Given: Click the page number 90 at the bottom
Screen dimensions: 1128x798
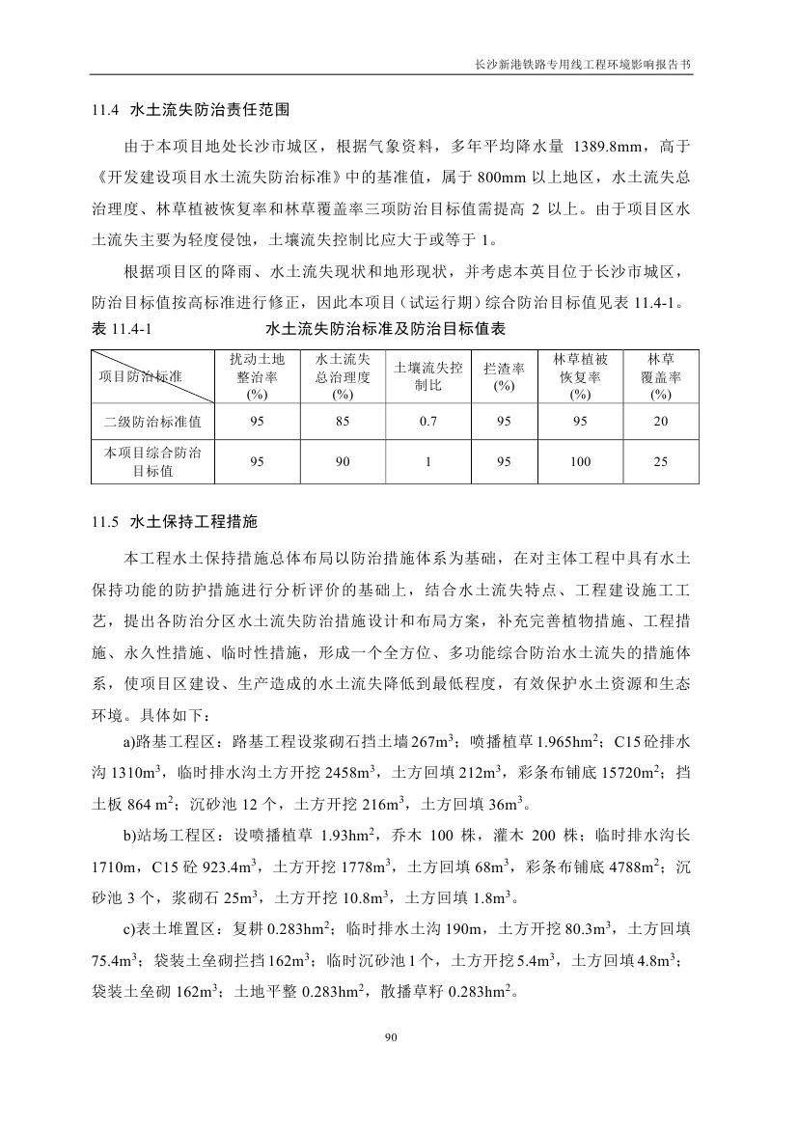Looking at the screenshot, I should pos(391,1037).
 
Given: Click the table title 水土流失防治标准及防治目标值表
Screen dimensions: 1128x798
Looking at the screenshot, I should pos(386,329).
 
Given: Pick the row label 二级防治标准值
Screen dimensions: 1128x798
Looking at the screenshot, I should pos(153,422).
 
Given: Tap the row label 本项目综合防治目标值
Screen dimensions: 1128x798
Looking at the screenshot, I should pos(153,462).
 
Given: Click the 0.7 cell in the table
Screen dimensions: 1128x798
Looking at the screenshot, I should pos(428,422).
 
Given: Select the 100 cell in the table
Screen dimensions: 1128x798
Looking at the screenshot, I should pos(580,462).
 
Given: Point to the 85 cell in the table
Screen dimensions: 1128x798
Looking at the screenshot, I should pos(343,422).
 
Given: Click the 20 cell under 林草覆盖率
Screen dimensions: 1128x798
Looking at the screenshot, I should pos(660,422).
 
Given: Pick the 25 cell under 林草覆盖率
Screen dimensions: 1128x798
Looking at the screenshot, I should pos(660,462).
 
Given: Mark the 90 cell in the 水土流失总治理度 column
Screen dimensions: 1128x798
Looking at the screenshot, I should pos(343,462).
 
